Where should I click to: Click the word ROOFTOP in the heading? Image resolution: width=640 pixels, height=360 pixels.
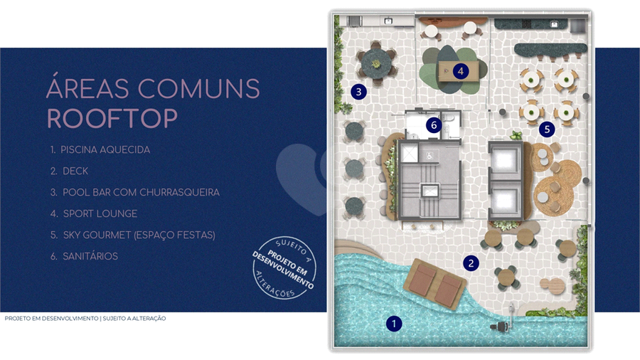pyautogui.click(x=112, y=119)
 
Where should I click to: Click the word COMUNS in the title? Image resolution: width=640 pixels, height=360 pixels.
pyautogui.click(x=199, y=88)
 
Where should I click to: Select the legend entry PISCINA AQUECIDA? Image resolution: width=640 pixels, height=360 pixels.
pyautogui.click(x=105, y=150)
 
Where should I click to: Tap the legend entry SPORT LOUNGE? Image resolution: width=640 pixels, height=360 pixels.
pyautogui.click(x=100, y=213)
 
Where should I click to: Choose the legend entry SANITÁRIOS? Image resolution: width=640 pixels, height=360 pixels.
pyautogui.click(x=90, y=256)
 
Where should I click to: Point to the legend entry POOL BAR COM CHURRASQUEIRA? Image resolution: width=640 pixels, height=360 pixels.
pyautogui.click(x=141, y=192)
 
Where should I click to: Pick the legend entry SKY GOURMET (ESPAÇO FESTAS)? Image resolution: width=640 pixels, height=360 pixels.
pyautogui.click(x=139, y=235)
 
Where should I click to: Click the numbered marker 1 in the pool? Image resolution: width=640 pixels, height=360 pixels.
pyautogui.click(x=394, y=324)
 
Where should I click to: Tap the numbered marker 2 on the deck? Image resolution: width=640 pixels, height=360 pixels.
pyautogui.click(x=471, y=263)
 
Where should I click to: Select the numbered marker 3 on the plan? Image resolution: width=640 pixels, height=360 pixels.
pyautogui.click(x=359, y=92)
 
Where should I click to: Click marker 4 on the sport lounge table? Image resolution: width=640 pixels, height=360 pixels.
pyautogui.click(x=461, y=71)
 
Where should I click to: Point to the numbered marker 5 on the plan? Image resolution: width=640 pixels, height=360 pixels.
pyautogui.click(x=547, y=129)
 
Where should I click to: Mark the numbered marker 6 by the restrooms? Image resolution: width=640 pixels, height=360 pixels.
pyautogui.click(x=434, y=125)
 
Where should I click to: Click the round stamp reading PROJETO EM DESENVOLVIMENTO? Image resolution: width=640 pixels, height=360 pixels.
pyautogui.click(x=284, y=268)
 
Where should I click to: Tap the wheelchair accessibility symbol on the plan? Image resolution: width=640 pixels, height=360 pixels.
pyautogui.click(x=430, y=155)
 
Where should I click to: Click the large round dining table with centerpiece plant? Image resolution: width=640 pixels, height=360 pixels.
pyautogui.click(x=376, y=63)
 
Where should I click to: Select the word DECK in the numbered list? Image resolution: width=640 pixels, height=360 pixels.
pyautogui.click(x=75, y=171)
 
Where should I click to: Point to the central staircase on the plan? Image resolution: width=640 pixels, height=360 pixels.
pyautogui.click(x=430, y=191)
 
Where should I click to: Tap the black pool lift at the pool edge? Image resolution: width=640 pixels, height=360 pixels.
pyautogui.click(x=504, y=322)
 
